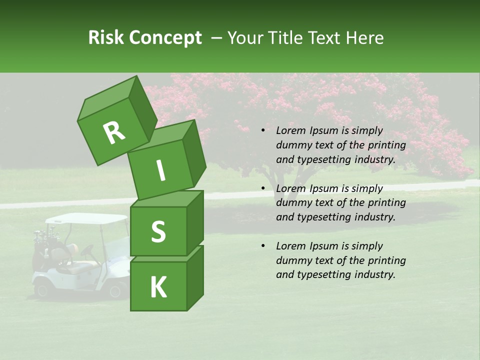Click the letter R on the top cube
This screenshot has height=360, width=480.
tap(114, 133)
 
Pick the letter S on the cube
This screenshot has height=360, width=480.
tap(158, 231)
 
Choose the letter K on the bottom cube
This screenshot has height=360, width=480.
tap(158, 287)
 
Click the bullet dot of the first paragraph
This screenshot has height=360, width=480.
tap(263, 131)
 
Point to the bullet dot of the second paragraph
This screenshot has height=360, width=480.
tap(263, 188)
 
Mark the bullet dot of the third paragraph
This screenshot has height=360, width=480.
tap(263, 246)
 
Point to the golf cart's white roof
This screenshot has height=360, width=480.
tap(87, 218)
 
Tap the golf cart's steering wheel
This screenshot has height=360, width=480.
tap(88, 249)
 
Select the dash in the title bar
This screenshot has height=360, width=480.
tap(217, 38)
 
